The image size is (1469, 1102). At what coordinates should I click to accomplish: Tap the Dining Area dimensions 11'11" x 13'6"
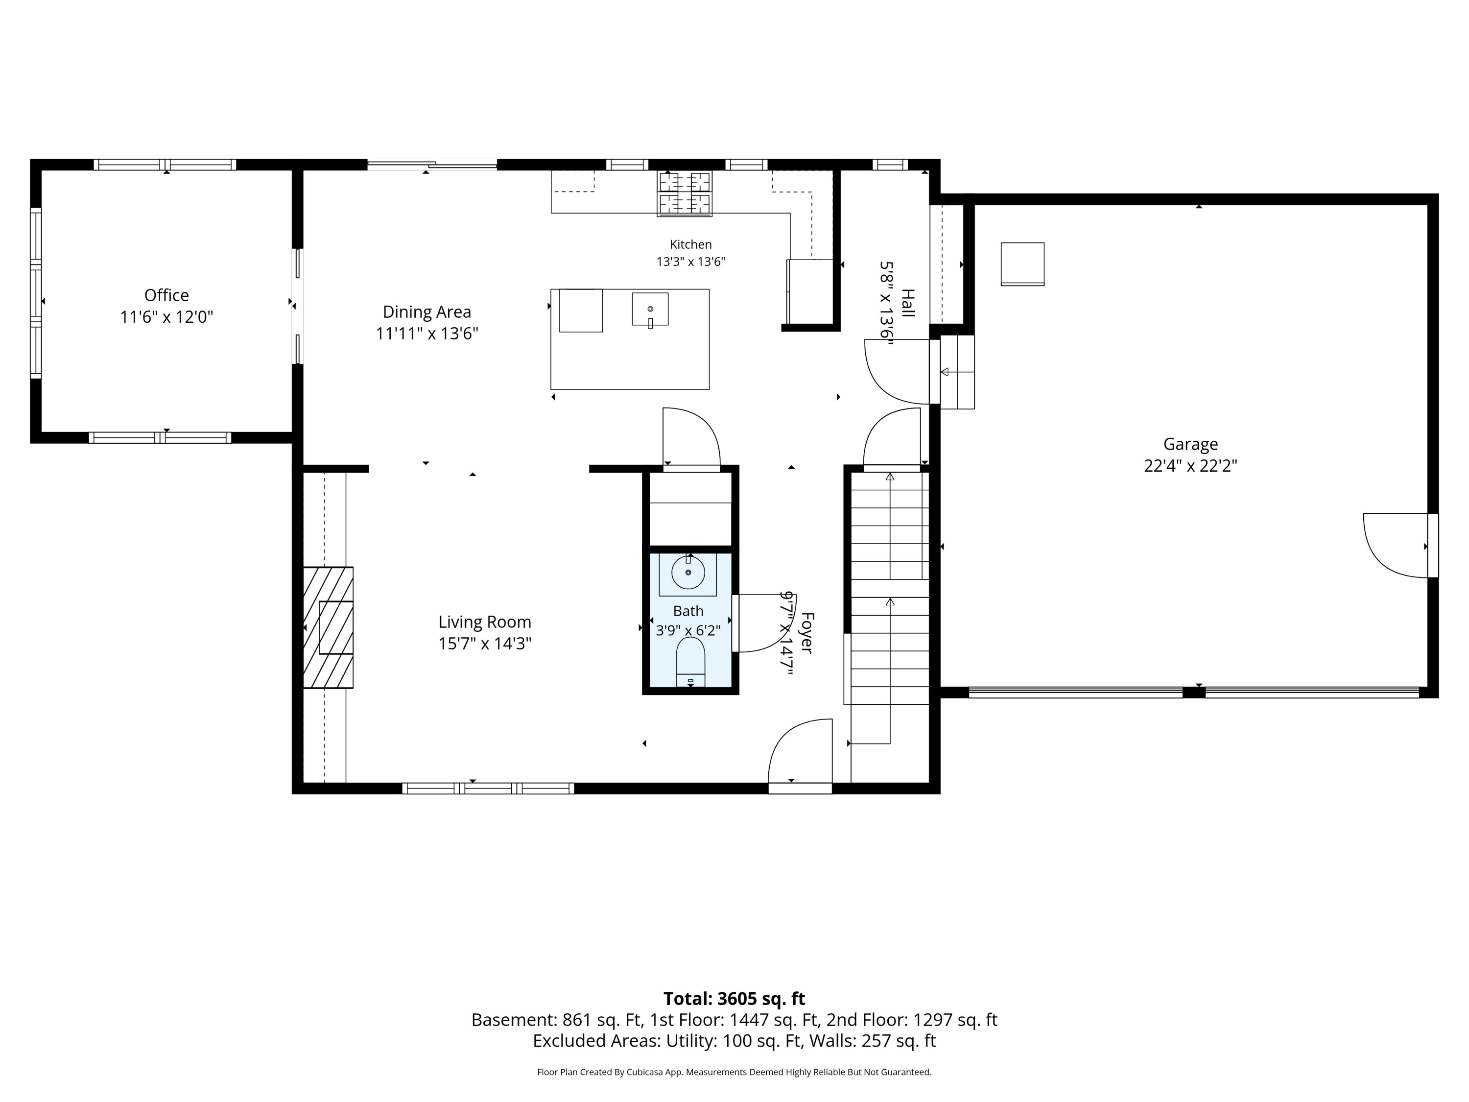click(427, 334)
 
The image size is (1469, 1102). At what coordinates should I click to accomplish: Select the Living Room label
click(485, 623)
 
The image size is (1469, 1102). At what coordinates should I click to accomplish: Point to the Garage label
click(1191, 444)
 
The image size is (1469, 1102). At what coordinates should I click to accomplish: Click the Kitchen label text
click(690, 244)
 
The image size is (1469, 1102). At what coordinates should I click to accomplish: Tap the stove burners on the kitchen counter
click(685, 193)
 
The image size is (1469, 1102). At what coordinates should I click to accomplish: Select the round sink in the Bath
click(688, 573)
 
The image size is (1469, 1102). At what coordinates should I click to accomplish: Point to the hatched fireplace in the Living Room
click(328, 627)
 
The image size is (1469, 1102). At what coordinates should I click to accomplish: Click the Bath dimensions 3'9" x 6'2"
click(688, 630)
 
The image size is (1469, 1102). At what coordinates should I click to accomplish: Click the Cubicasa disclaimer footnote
click(734, 1072)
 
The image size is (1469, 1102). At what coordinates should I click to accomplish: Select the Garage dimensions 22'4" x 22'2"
click(1191, 466)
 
